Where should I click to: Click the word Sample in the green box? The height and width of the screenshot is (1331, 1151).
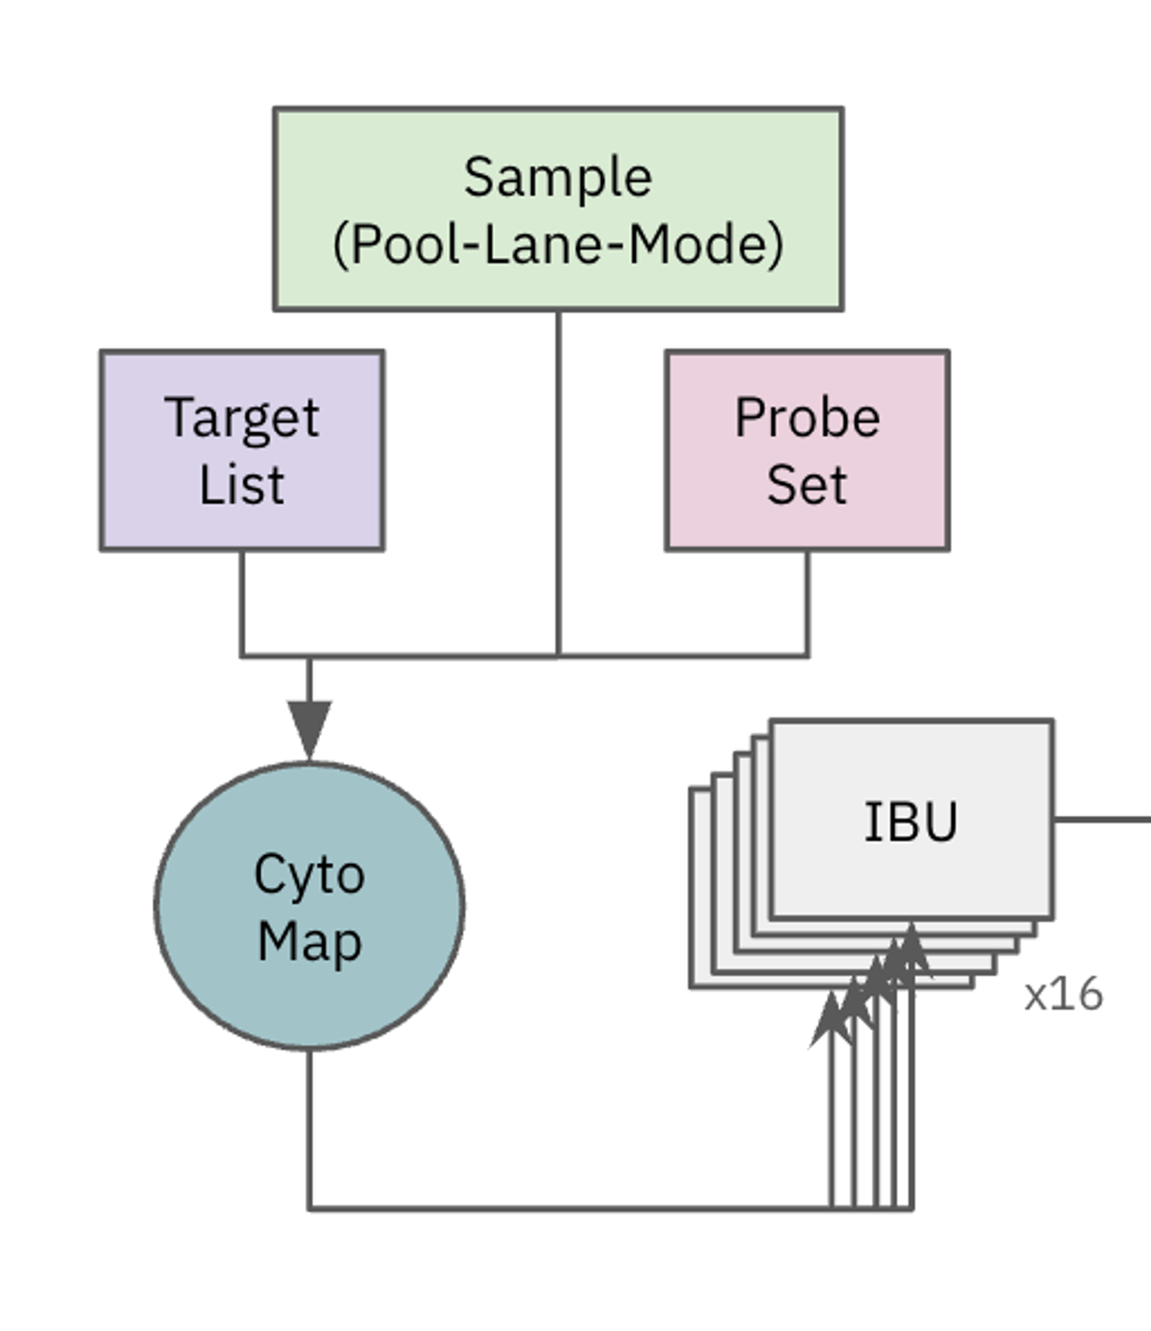click(558, 177)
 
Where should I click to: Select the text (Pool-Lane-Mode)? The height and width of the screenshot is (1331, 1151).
click(558, 245)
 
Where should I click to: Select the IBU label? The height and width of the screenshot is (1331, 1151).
click(911, 821)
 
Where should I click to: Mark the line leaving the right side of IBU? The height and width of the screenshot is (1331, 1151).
click(1102, 820)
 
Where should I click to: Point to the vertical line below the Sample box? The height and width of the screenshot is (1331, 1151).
click(558, 482)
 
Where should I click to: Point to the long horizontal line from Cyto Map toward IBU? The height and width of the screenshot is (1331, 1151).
click(565, 1209)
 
